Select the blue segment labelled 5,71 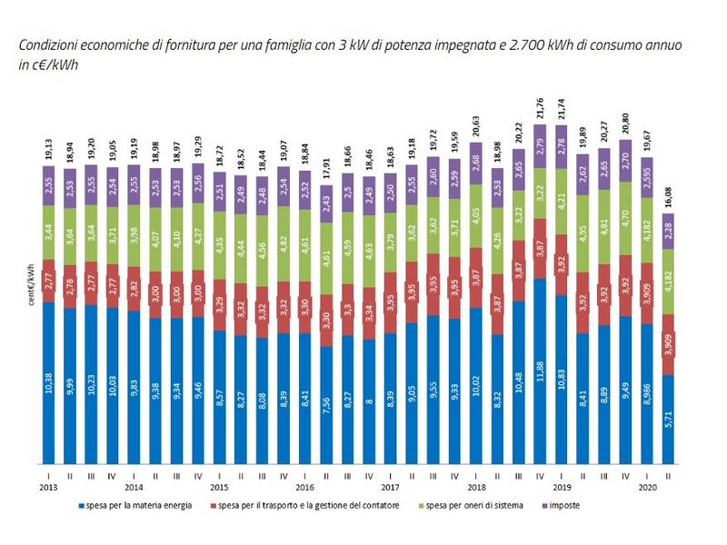[668, 419]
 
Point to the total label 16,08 [668, 191]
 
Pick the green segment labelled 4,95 [583, 237]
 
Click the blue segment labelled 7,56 [326, 405]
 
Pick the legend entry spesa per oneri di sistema [473, 505]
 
